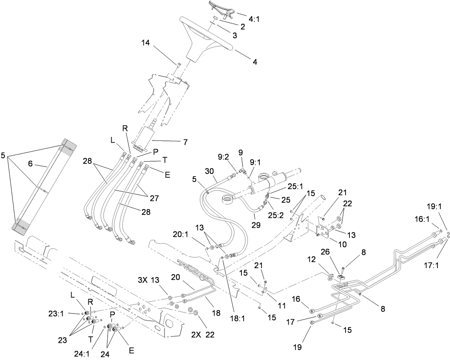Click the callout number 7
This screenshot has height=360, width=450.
coord(185,142)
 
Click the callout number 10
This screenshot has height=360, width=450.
coord(342,245)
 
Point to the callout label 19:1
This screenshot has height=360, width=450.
coord(435,216)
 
